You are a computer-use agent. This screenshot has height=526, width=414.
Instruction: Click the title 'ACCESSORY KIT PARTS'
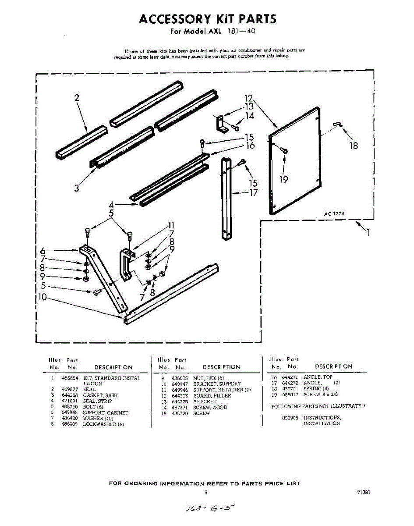tap(208, 19)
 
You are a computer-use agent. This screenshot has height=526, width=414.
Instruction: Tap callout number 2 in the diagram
tap(77, 98)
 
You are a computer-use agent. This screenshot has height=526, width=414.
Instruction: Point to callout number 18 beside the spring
tap(353, 146)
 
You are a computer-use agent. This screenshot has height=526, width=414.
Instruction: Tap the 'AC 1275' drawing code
tap(334, 213)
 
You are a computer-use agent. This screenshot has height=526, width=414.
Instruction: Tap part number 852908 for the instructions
tap(290, 418)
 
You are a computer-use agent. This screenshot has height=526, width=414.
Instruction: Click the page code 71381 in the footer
tap(364, 492)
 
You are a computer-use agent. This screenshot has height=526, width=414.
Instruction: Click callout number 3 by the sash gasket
tap(77, 188)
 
